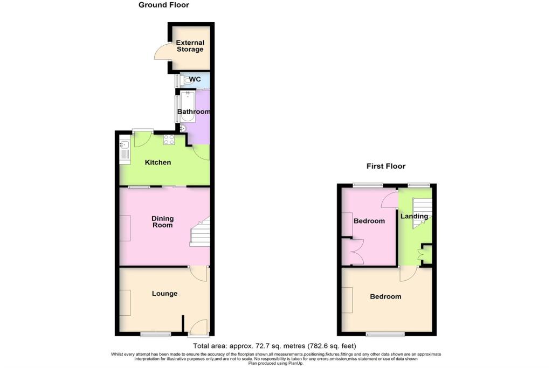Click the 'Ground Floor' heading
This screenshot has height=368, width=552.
164,5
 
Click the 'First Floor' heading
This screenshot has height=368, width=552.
386,166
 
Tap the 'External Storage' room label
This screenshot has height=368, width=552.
190,46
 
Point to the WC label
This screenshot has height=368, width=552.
195,80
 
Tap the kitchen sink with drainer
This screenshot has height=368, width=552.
125,150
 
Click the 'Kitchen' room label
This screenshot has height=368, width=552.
157,162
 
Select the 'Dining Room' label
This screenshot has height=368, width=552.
162,221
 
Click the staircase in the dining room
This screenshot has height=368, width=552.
199,233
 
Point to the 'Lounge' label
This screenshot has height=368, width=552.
164,294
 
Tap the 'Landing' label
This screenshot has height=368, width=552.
414,217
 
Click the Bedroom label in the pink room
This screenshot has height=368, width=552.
369,221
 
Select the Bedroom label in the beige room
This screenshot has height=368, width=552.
385,297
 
